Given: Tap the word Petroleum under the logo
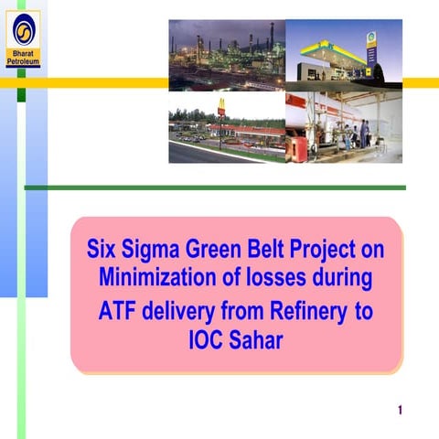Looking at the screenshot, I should [x=23, y=62].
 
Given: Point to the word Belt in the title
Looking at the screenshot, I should [x=271, y=249].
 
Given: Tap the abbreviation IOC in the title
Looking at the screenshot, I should [x=206, y=340].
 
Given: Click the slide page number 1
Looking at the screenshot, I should [x=401, y=409].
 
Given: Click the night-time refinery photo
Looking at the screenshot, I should [x=226, y=54].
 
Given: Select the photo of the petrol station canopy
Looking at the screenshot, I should [x=343, y=54].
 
